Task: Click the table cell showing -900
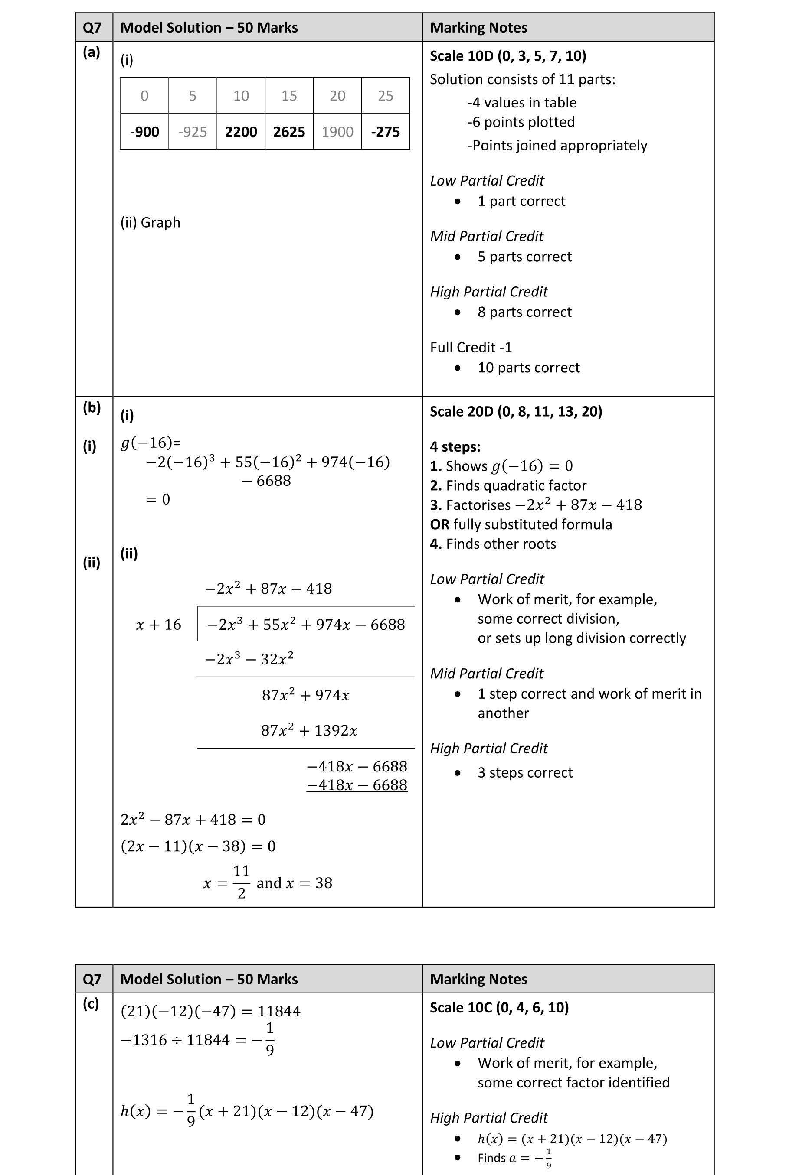click(144, 132)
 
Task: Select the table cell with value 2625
click(289, 132)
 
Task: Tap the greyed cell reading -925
click(192, 132)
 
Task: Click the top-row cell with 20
click(337, 95)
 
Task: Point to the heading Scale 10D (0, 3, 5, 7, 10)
click(508, 56)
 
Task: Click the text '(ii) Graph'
click(150, 222)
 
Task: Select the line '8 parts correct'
click(524, 312)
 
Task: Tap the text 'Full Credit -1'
click(471, 348)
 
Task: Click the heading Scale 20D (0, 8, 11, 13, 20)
click(516, 411)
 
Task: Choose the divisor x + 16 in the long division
click(158, 625)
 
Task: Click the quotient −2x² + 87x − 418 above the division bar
click(268, 589)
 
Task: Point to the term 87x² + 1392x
click(309, 731)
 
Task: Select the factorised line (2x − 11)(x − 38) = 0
click(198, 846)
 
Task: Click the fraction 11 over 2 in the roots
click(241, 882)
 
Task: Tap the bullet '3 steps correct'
click(525, 773)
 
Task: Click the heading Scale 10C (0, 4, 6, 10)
click(499, 1008)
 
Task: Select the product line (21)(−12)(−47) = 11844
click(210, 1011)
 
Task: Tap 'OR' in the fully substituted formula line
click(439, 524)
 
